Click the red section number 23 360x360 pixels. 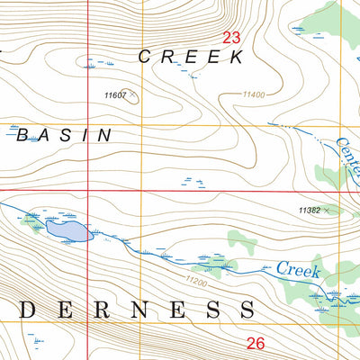coord(231,37)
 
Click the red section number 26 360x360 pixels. coord(256,343)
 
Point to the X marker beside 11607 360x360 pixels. coord(132,93)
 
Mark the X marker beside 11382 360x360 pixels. coord(327,210)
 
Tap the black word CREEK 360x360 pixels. coord(191,57)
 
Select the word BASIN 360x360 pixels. coord(63,135)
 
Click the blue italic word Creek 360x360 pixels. coord(298,268)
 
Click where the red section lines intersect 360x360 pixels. coord(88,191)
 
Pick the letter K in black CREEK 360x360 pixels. coord(238,57)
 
